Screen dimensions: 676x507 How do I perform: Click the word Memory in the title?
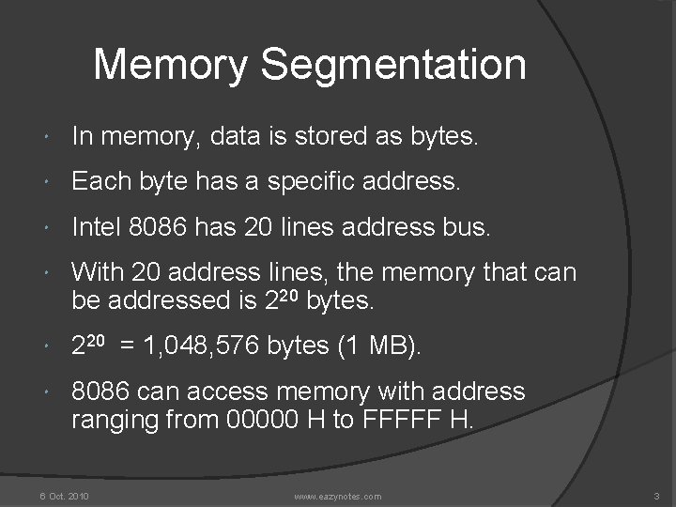(173, 66)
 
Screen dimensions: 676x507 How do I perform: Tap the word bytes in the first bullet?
(443, 138)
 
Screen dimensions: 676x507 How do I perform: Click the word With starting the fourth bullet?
(97, 273)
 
